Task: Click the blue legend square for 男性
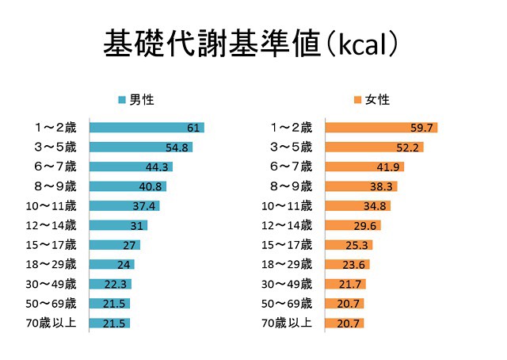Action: click(x=122, y=100)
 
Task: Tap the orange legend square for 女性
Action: click(x=358, y=100)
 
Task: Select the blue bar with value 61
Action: click(x=147, y=128)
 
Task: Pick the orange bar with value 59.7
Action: click(x=381, y=128)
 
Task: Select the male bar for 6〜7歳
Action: click(x=131, y=167)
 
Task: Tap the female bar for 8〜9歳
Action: click(x=361, y=186)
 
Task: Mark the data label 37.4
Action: click(x=145, y=205)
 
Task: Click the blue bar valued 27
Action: click(x=114, y=245)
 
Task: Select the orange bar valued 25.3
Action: click(x=343, y=245)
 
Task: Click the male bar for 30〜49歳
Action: click(x=110, y=284)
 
